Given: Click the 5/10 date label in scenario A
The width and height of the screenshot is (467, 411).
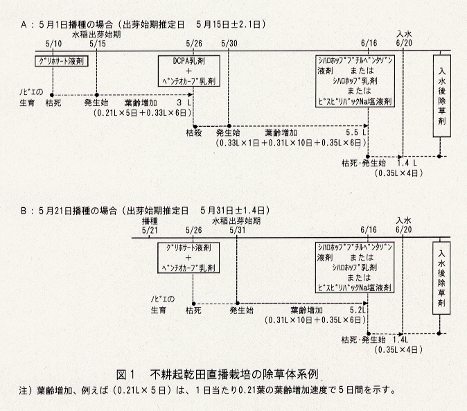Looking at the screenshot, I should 53,43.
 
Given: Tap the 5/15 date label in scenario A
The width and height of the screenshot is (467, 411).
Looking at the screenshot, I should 98,43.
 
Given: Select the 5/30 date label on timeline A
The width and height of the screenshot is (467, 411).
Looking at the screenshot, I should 229,43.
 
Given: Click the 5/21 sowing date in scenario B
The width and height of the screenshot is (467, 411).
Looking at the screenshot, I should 149,229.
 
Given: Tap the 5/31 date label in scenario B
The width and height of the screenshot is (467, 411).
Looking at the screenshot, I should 237,229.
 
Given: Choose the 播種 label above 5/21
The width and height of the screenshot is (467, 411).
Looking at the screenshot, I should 150,220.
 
